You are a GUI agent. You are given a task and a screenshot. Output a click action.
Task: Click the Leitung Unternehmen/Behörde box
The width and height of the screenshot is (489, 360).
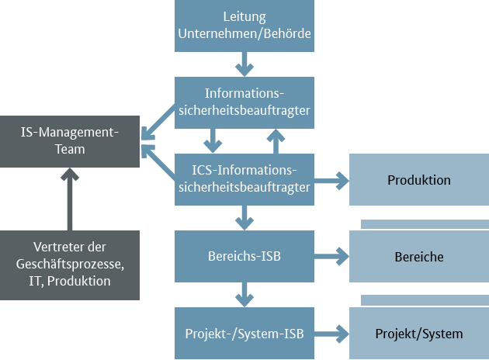click(244, 26)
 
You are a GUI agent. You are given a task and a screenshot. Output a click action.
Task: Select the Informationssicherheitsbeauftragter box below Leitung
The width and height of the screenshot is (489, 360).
click(244, 102)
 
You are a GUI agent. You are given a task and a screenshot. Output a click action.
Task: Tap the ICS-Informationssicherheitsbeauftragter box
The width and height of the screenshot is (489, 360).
click(244, 178)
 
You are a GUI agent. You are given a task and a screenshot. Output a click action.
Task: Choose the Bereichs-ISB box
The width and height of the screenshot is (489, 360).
click(244, 255)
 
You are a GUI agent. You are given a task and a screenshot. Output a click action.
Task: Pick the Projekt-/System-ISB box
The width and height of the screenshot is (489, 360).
click(244, 334)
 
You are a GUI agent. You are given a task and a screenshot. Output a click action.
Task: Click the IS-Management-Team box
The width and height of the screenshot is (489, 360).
click(70, 141)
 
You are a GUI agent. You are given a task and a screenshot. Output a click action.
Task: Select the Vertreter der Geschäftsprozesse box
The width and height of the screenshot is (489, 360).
click(70, 265)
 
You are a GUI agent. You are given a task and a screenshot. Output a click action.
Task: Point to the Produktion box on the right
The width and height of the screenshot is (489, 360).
click(418, 179)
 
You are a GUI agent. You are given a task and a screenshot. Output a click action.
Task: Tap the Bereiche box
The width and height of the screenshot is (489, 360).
click(418, 256)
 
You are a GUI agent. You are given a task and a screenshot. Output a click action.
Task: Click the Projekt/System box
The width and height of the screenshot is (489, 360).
click(418, 334)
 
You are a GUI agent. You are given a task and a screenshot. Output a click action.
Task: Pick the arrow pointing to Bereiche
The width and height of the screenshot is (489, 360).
click(331, 254)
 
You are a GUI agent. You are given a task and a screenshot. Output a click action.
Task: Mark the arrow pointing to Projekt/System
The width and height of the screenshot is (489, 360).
click(331, 334)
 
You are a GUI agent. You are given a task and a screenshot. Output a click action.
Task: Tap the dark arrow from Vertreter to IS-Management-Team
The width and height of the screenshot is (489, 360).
click(70, 199)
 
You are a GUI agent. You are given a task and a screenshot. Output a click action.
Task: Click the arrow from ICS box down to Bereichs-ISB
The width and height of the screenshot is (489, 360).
click(244, 217)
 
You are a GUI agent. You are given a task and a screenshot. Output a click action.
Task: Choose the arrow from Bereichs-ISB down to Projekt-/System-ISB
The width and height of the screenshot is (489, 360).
click(244, 294)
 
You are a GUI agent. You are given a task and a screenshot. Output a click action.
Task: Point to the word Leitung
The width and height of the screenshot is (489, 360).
click(244, 16)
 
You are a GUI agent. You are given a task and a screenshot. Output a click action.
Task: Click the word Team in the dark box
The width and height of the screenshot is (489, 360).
click(70, 151)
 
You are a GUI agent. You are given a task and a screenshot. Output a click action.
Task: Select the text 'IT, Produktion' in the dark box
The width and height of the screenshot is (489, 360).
click(70, 282)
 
